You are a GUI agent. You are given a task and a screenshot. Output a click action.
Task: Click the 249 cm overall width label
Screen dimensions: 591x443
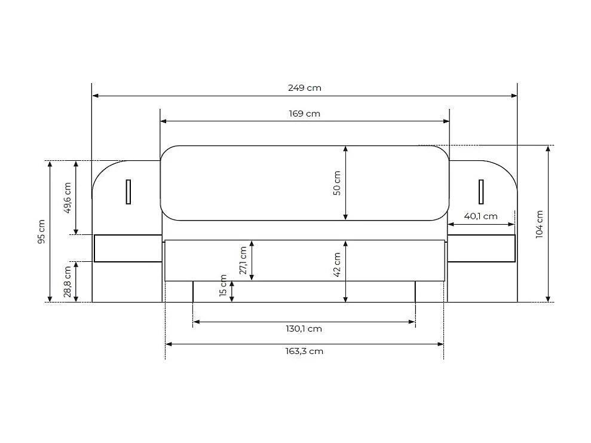tap(305, 88)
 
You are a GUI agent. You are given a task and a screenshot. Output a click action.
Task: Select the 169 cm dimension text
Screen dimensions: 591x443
tap(305, 114)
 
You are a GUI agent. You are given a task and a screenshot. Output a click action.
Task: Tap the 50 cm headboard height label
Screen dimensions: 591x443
tap(337, 183)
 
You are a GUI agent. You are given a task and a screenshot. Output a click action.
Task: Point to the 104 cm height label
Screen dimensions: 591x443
tap(540, 224)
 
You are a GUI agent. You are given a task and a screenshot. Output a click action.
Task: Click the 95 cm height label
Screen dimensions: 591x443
tap(41, 231)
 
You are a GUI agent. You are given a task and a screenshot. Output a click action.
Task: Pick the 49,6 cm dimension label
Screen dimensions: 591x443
tap(68, 198)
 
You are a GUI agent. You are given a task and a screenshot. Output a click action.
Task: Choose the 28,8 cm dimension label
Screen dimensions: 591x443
tap(68, 282)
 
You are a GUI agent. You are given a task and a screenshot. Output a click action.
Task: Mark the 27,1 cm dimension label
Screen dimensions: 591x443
tap(243, 261)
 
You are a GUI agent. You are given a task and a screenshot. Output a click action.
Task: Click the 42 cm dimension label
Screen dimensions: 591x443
tap(337, 265)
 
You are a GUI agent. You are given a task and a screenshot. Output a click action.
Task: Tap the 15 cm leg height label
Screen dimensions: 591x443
tap(223, 286)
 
